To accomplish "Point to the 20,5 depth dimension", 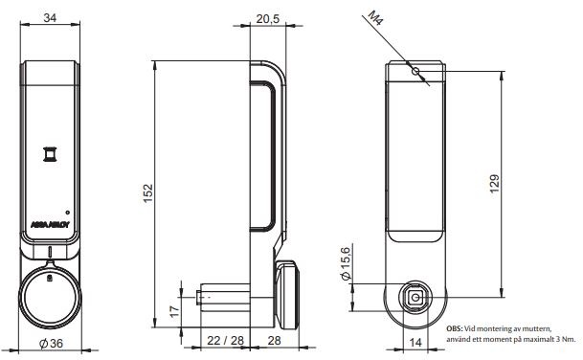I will coord(268,18).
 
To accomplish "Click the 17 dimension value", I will coord(173,310).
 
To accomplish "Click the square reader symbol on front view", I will coord(49,154).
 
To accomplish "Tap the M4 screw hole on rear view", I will coord(415,73).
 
